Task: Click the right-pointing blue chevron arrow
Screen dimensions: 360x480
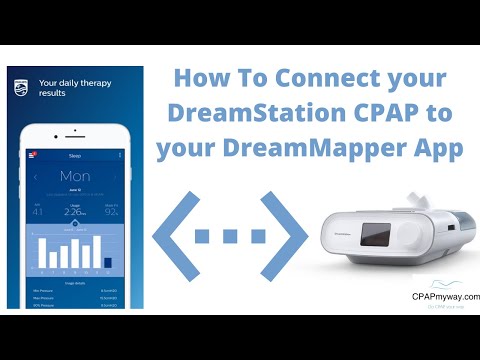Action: click(x=285, y=237)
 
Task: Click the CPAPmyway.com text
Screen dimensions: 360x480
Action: click(x=446, y=297)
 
